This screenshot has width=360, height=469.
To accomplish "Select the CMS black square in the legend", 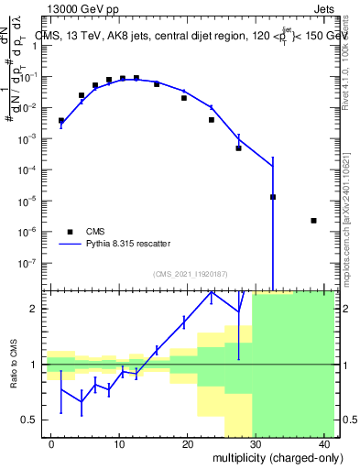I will tap(70, 232).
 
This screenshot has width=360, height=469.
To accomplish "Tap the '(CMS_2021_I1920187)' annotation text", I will tap(190, 274).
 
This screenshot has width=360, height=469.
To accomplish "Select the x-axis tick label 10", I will tap(119, 444).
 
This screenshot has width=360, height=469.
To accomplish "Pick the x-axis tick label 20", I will tap(187, 444).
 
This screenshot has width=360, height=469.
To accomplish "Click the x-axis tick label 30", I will tap(255, 444).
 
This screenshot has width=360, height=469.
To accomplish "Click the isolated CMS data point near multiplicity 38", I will tap(313, 221).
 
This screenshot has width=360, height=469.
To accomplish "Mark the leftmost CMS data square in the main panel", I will tap(61, 121).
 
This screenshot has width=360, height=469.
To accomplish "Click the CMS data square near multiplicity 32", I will tap(273, 197).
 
